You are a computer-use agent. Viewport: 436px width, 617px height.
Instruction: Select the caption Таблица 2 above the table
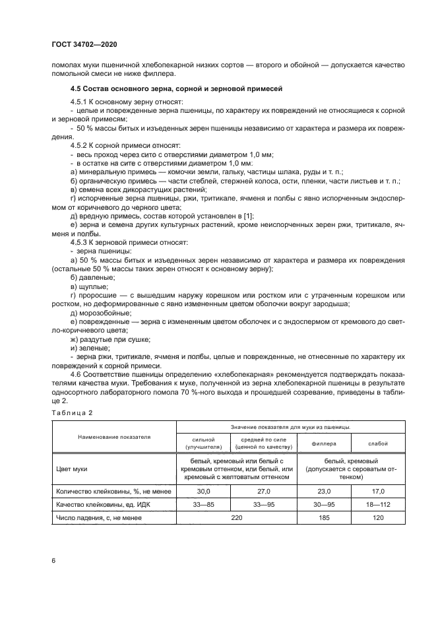(x=73, y=412)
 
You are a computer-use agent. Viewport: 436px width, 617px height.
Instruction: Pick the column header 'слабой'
(x=379, y=443)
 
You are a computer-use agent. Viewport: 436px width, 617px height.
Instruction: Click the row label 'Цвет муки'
(x=73, y=469)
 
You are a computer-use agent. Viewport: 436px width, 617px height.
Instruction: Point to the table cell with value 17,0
(x=379, y=492)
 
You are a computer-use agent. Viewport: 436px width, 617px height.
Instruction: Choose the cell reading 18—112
(x=379, y=505)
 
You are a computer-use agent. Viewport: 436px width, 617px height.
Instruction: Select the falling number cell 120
(x=379, y=518)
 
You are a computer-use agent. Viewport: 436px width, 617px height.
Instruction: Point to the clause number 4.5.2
(x=80, y=144)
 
